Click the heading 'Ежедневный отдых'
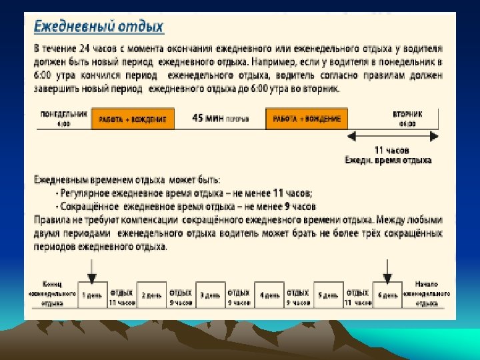point(99,28)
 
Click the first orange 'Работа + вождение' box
point(133,119)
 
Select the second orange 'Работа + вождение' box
point(307,119)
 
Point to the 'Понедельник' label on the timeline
point(64,114)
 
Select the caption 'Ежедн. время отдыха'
point(388,160)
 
